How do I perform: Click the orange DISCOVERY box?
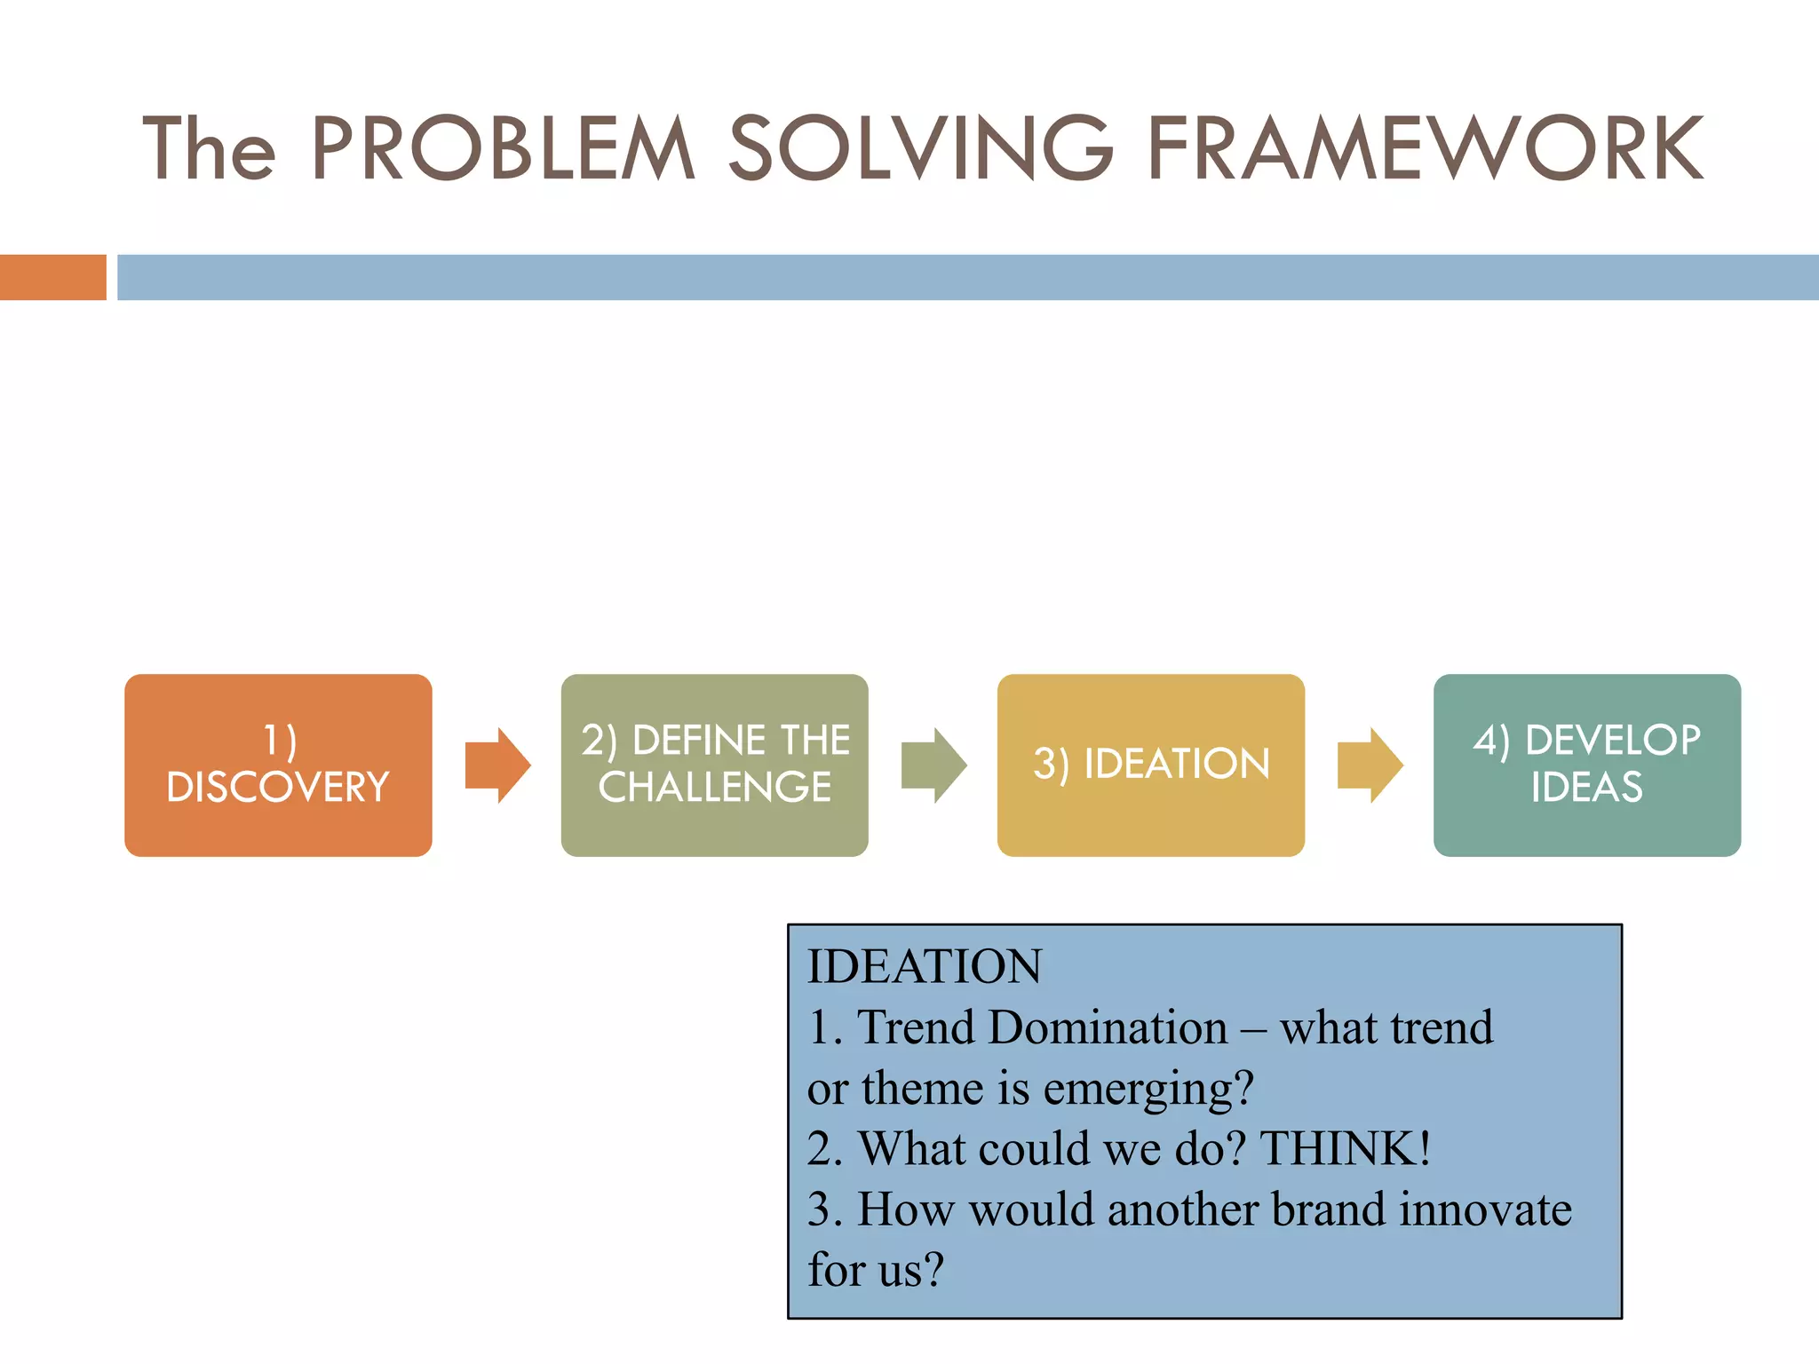[x=278, y=765]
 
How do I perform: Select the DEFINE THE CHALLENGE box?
[x=714, y=765]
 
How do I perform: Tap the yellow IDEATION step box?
[x=1150, y=765]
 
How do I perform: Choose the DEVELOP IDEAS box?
[x=1586, y=765]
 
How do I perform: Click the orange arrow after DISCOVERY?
[x=497, y=765]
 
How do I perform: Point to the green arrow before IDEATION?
[x=933, y=765]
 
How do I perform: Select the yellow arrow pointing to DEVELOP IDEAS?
[x=1370, y=765]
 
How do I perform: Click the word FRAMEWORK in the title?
[x=1425, y=149]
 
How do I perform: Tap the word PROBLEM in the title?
[x=503, y=149]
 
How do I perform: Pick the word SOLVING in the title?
[x=920, y=149]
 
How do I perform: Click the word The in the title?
[x=209, y=149]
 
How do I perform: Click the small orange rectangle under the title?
[x=52, y=277]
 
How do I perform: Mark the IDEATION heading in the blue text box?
[x=924, y=966]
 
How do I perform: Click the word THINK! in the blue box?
[x=1345, y=1148]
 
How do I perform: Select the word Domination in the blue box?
[x=1108, y=1027]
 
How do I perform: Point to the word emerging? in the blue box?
[x=1148, y=1089]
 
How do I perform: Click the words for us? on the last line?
[x=875, y=1270]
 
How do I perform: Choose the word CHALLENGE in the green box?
[x=714, y=788]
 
